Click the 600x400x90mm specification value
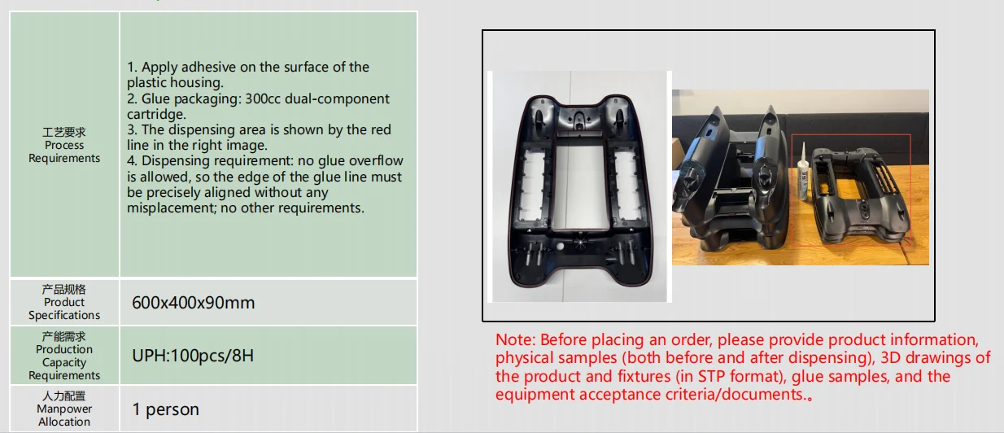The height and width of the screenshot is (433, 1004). pyautogui.click(x=193, y=303)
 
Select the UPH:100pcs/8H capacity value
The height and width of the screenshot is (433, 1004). pyautogui.click(x=193, y=356)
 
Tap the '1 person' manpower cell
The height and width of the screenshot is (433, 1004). pyautogui.click(x=165, y=409)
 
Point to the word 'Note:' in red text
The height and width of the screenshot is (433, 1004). pyautogui.click(x=515, y=339)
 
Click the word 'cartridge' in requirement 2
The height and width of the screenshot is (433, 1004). pyautogui.click(x=155, y=115)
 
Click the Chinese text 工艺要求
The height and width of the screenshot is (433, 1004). pyautogui.click(x=64, y=132)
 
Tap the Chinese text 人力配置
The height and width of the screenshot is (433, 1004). pyautogui.click(x=64, y=396)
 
